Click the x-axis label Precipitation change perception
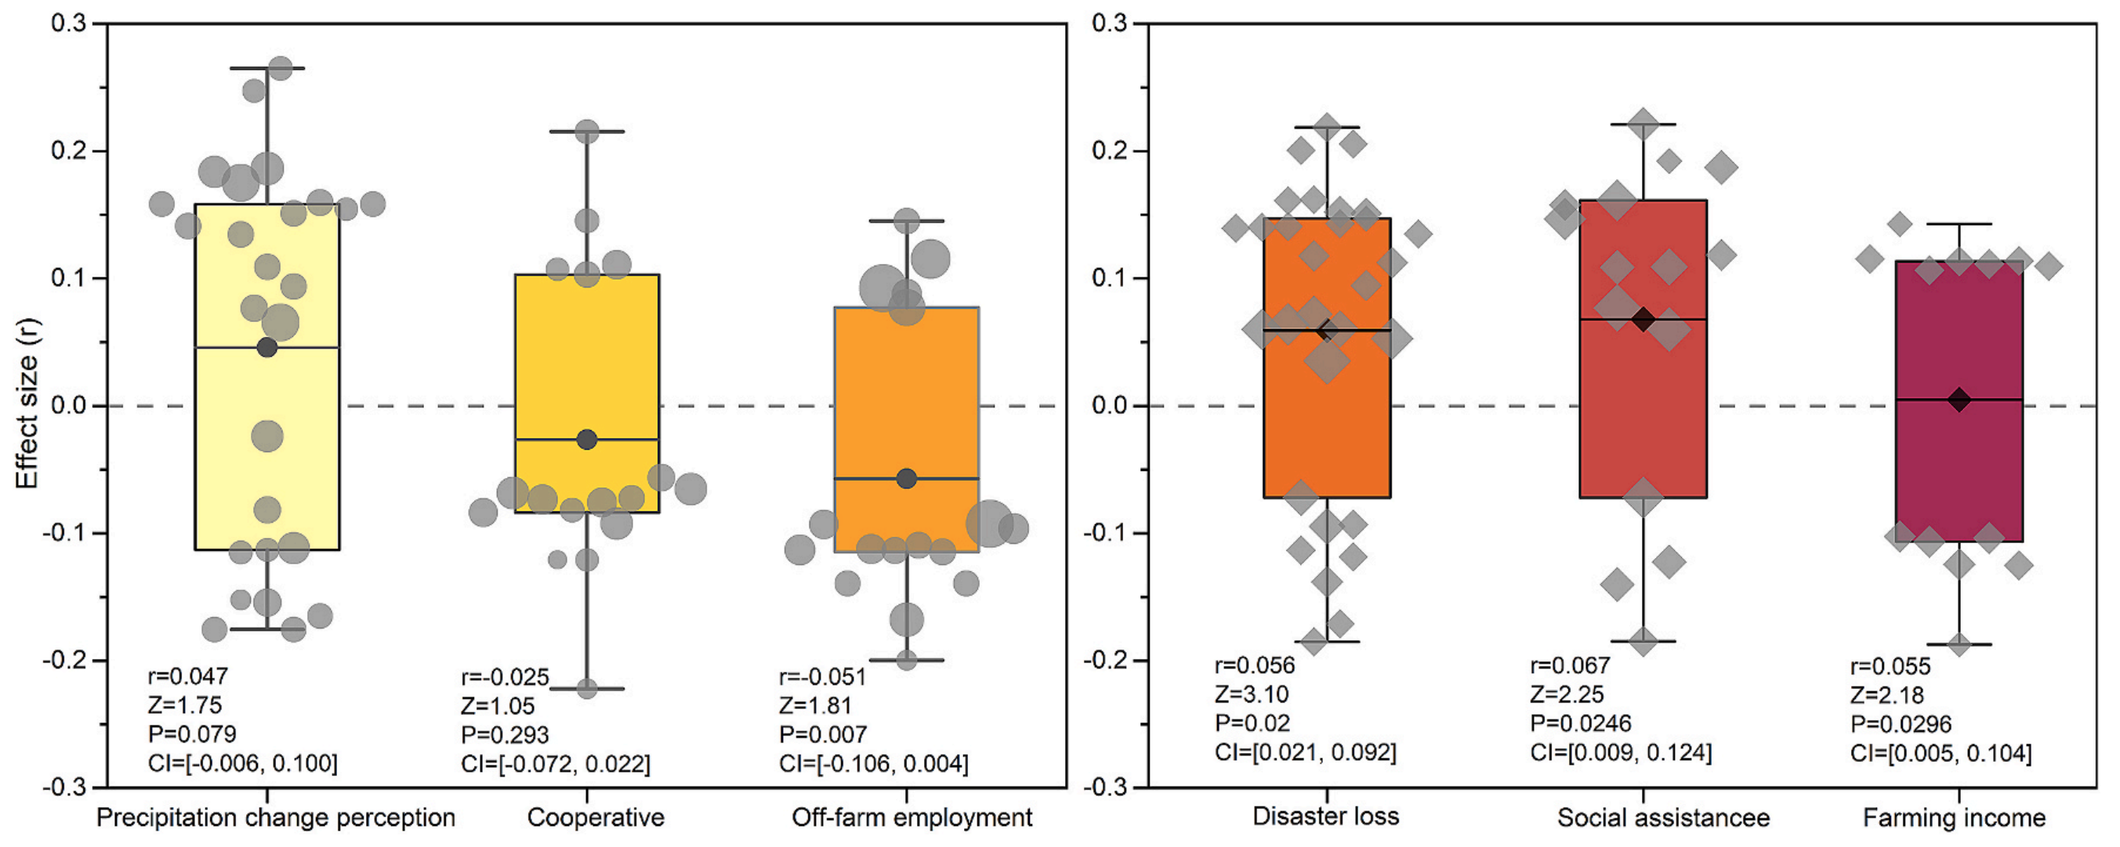point(276,817)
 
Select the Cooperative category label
point(595,817)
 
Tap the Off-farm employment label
point(911,817)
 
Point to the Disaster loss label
point(1325,816)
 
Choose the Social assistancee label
point(1662,817)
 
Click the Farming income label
point(1954,817)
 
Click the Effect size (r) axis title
point(27,404)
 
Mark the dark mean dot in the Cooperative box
point(587,440)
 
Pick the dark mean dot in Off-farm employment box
point(906,478)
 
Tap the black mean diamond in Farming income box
point(1959,400)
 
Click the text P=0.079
point(192,733)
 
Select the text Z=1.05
point(497,705)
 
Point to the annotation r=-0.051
point(822,677)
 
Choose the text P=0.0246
point(1580,722)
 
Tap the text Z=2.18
point(1886,696)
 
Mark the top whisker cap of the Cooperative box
point(587,132)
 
